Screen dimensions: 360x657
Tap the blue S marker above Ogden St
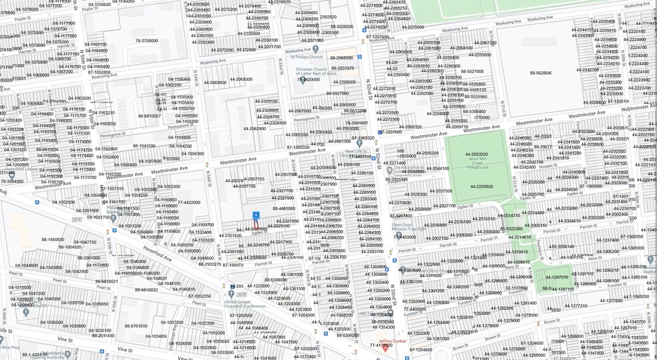coord(256,214)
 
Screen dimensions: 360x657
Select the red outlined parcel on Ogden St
coord(256,227)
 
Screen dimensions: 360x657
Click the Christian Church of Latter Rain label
coord(318,73)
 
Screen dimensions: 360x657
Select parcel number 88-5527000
coord(471,71)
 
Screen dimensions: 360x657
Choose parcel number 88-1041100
coord(144,146)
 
